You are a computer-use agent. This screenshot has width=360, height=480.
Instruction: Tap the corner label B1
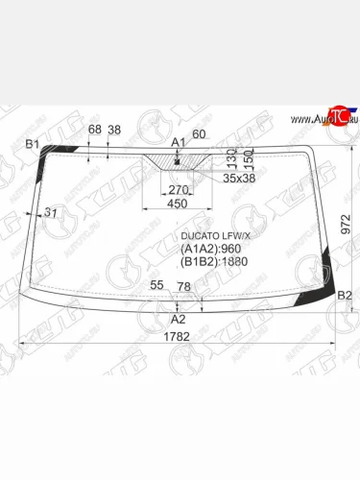click(x=32, y=144)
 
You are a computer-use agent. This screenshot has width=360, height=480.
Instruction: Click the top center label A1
click(x=177, y=142)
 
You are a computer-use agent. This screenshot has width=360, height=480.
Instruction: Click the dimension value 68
click(x=94, y=130)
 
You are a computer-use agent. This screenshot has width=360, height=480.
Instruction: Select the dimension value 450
click(x=178, y=203)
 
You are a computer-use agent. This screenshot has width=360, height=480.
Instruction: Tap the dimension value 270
click(x=178, y=189)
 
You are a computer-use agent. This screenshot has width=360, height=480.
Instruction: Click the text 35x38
click(x=237, y=178)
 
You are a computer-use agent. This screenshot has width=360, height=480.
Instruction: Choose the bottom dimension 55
click(x=156, y=286)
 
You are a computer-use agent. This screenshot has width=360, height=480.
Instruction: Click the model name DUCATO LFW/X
click(x=212, y=234)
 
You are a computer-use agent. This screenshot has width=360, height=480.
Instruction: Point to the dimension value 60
click(x=199, y=133)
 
